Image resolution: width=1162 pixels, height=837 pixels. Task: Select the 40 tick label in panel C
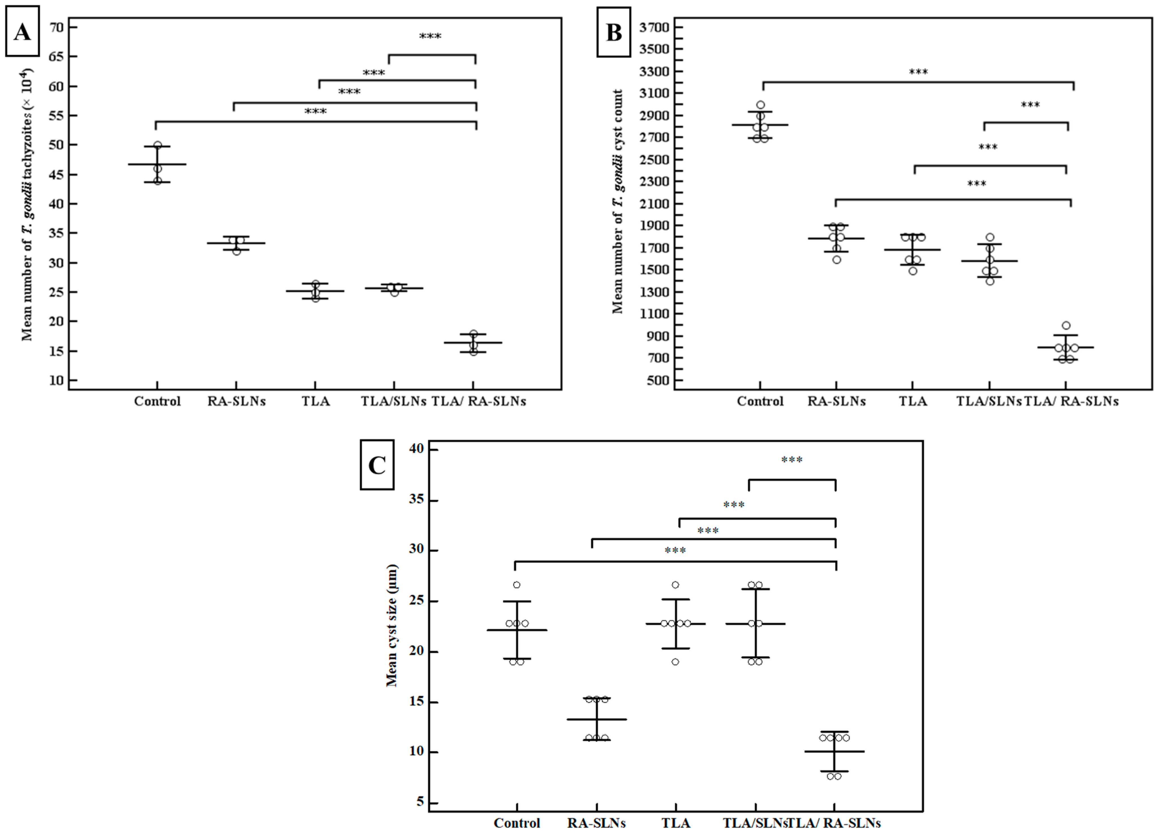coord(417,449)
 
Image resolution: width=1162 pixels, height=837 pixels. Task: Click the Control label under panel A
coord(157,401)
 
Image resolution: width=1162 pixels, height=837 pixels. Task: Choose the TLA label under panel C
coord(675,823)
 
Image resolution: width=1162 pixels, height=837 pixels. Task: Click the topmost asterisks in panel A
coord(430,37)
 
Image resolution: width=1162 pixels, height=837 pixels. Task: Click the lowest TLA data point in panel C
coord(675,662)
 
